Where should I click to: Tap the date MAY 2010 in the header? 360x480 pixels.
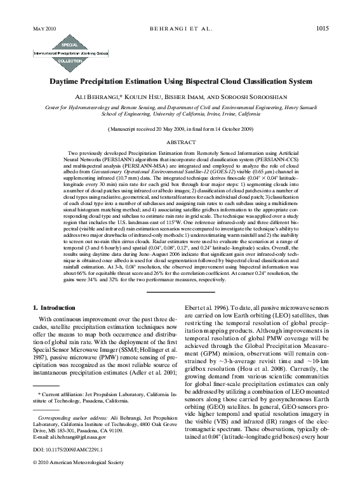(43, 29)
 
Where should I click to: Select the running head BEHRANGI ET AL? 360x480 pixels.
(180, 29)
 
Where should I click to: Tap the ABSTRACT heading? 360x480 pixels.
(180, 144)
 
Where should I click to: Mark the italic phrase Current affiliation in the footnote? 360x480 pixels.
(61, 394)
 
